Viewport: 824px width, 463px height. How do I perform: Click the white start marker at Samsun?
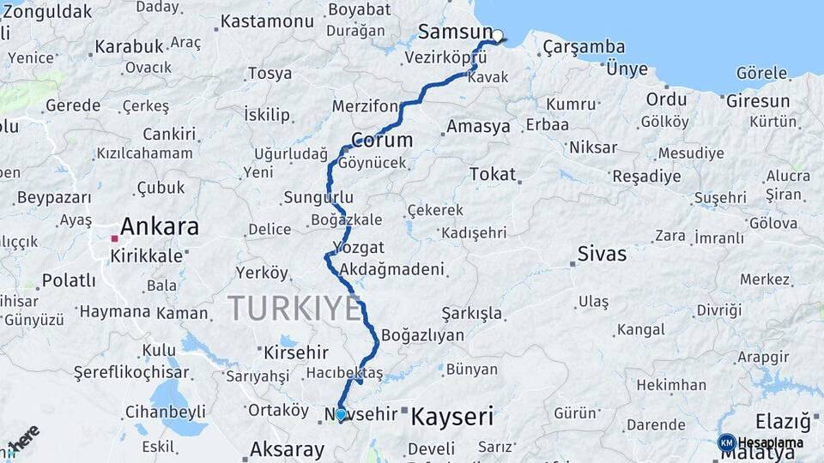point(497,36)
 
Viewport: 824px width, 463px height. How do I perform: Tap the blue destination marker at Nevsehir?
point(341,415)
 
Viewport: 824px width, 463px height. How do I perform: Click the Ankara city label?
point(160,227)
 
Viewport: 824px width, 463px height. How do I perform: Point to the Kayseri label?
point(452,418)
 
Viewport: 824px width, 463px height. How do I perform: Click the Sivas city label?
point(602,254)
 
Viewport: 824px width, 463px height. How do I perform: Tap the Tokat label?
point(493,174)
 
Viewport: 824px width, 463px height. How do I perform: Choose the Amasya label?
point(478,127)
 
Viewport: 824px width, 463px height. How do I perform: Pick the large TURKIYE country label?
point(294,309)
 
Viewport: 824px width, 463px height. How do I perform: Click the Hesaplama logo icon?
point(727,442)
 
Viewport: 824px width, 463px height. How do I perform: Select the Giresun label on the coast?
point(758,100)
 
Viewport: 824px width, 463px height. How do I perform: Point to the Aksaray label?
point(287,449)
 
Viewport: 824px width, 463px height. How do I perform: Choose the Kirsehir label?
point(296,352)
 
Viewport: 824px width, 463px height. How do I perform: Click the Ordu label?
point(667,99)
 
